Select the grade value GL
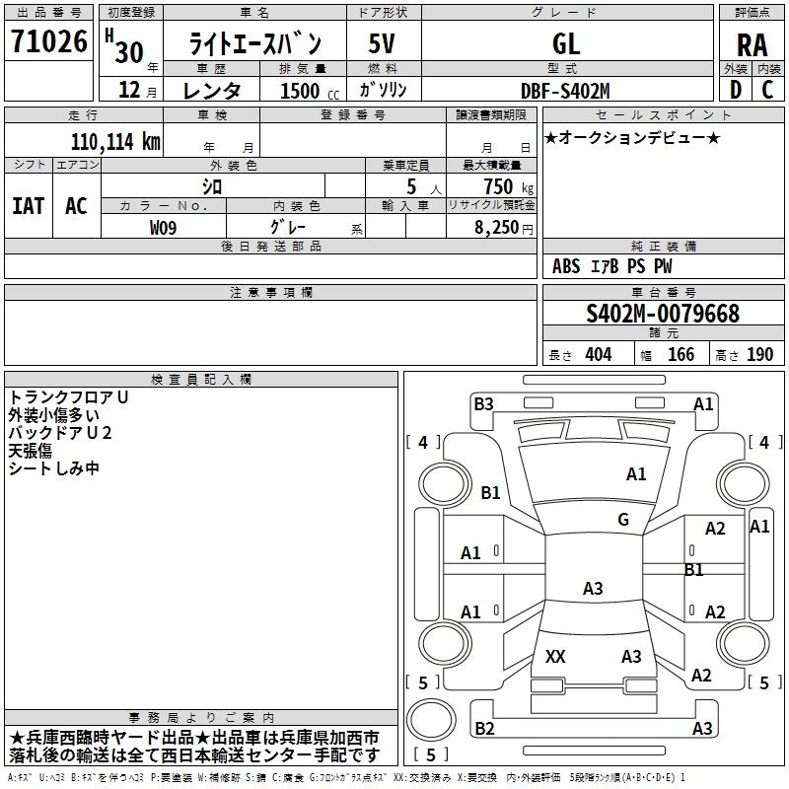[x=566, y=43]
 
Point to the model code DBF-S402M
[x=565, y=90]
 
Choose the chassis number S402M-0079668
[x=662, y=314]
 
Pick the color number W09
[x=165, y=228]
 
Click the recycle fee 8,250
[x=496, y=228]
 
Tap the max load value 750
[x=497, y=186]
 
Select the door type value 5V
[x=383, y=43]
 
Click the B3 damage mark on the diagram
[x=483, y=403]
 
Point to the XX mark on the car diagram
[x=555, y=657]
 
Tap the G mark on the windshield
[x=623, y=520]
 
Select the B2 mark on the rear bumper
[x=484, y=728]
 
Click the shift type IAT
[x=29, y=205]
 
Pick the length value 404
[x=598, y=354]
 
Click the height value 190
[x=759, y=354]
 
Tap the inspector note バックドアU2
[x=60, y=433]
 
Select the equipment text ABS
[x=566, y=266]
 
